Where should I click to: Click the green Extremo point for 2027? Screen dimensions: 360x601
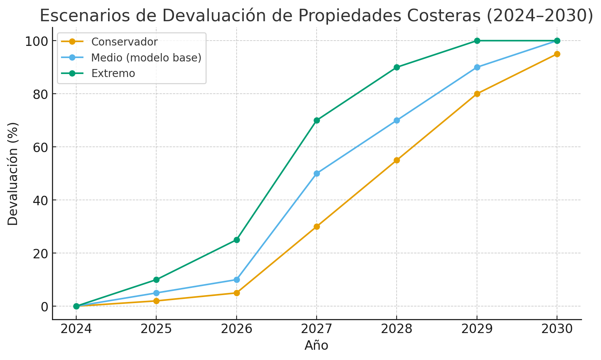(x=317, y=120)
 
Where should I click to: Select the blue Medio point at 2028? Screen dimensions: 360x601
(x=397, y=120)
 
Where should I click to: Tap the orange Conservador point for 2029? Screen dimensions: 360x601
(x=477, y=94)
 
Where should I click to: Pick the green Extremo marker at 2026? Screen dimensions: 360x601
(x=237, y=240)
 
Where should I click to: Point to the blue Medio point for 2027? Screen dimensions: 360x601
(x=317, y=173)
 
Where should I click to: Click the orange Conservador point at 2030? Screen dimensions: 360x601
(x=557, y=54)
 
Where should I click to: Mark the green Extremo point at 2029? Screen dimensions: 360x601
(x=477, y=41)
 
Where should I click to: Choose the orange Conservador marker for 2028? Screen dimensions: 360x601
(x=397, y=160)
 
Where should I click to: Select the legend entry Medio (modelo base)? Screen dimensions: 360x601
(x=146, y=57)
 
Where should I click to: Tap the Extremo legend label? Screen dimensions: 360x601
(x=113, y=73)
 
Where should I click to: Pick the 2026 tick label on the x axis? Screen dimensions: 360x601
(x=237, y=329)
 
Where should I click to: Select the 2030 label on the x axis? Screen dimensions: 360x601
(x=557, y=329)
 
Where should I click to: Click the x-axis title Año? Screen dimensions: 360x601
(x=316, y=346)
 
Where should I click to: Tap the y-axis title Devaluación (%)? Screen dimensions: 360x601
(x=13, y=174)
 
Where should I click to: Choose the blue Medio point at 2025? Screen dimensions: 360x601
(x=156, y=293)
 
